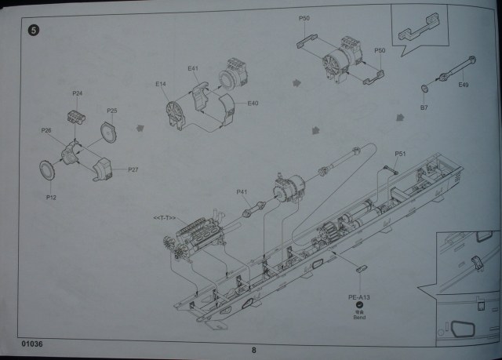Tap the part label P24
point(78,93)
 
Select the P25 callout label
point(112,111)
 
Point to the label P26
point(46,130)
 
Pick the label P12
point(52,198)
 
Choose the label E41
point(193,70)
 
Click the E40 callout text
point(253,104)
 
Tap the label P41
point(242,192)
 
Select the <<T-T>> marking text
point(166,216)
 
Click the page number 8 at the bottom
point(253,351)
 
